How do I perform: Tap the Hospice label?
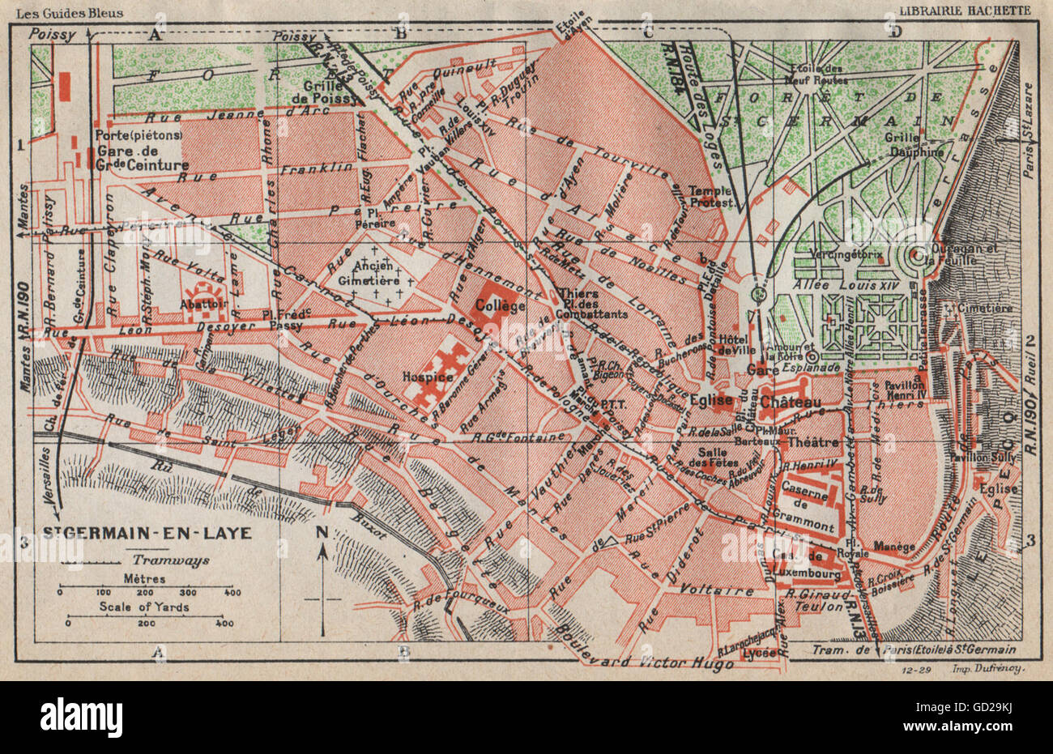428,377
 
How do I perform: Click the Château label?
796,402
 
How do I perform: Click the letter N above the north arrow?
322,532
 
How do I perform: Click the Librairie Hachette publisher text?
965,11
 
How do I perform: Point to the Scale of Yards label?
144,607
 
